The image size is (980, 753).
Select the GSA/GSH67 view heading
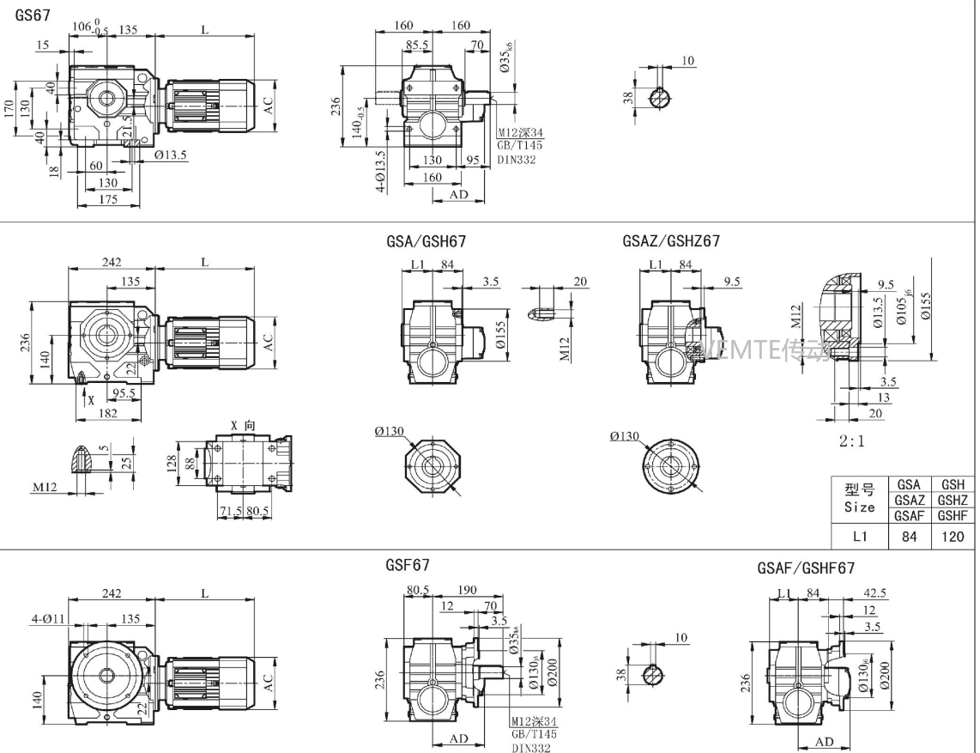click(x=426, y=242)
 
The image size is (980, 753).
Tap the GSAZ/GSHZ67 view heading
click(x=671, y=242)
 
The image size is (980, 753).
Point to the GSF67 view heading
click(x=408, y=566)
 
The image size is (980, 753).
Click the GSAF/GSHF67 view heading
click(x=806, y=568)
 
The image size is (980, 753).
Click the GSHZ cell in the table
click(x=953, y=501)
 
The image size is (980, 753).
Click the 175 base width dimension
click(x=108, y=200)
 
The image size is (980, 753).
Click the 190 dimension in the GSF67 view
click(x=467, y=591)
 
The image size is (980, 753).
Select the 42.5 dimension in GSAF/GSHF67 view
click(x=876, y=592)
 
